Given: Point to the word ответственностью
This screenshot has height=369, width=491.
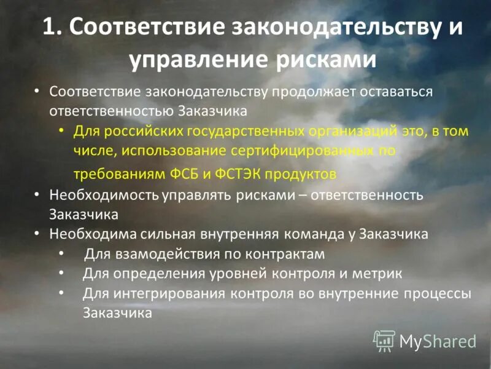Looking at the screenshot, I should pyautogui.click(x=112, y=111).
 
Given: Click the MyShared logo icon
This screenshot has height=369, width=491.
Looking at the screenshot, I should pyautogui.click(x=384, y=341).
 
